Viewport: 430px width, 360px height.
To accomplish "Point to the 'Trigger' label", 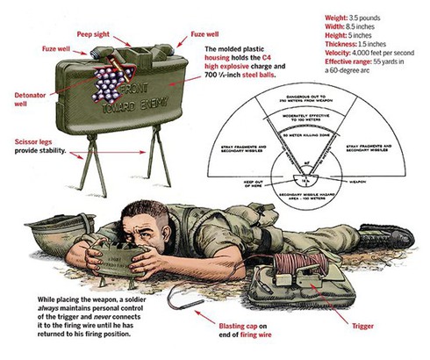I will [x=362, y=326].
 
